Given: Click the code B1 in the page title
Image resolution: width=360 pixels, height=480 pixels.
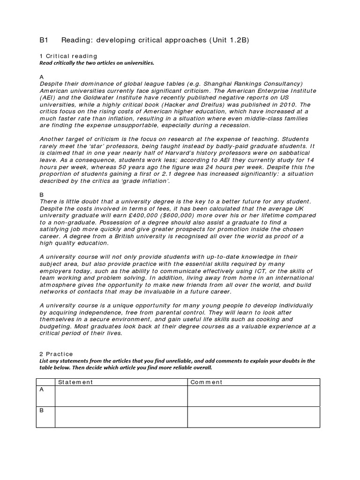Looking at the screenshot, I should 43,40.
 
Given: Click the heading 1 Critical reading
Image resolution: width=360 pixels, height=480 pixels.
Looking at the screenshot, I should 68,56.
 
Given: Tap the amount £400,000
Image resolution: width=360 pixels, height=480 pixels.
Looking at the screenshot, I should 153,215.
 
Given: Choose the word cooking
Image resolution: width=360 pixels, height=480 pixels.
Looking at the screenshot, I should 269,319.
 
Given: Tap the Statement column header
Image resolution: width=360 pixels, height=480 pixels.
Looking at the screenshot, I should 75,382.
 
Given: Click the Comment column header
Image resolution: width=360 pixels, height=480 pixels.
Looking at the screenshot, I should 206,382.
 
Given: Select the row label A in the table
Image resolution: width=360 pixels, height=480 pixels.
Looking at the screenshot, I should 42,390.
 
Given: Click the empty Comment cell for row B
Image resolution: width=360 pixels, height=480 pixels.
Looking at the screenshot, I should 253,417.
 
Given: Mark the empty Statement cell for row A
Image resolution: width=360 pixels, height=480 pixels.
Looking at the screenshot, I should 121,396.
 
